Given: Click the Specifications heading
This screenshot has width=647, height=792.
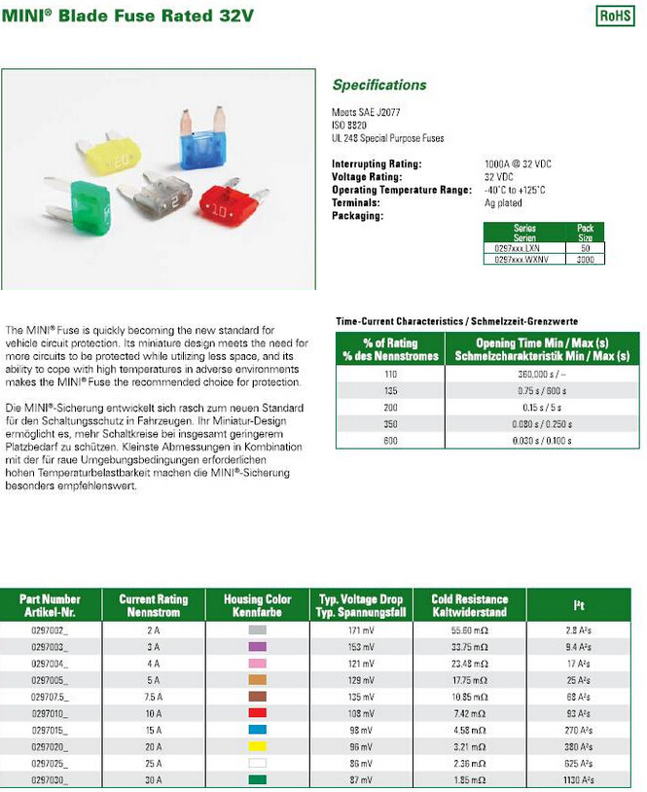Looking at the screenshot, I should click(x=379, y=85).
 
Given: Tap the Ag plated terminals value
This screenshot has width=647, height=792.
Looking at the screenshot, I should click(x=502, y=203).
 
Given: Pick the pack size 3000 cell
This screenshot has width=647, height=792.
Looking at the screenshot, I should click(x=586, y=260).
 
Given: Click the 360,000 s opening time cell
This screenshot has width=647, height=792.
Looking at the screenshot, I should click(x=542, y=375).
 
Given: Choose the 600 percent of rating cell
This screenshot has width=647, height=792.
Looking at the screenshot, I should click(x=391, y=441).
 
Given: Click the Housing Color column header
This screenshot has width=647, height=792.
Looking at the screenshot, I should click(x=258, y=605).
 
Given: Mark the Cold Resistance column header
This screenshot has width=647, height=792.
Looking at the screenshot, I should click(x=470, y=605).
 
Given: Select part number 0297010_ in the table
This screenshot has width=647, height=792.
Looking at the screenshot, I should click(x=51, y=713).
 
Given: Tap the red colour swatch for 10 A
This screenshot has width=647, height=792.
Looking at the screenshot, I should click(x=258, y=713).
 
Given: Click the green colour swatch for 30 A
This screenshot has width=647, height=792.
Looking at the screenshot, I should click(x=258, y=779).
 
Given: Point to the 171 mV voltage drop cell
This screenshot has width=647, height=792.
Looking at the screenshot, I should click(x=361, y=631).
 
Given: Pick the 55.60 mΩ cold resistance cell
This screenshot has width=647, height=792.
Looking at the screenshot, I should click(x=470, y=631).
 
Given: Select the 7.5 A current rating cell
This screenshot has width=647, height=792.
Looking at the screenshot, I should click(x=153, y=697).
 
